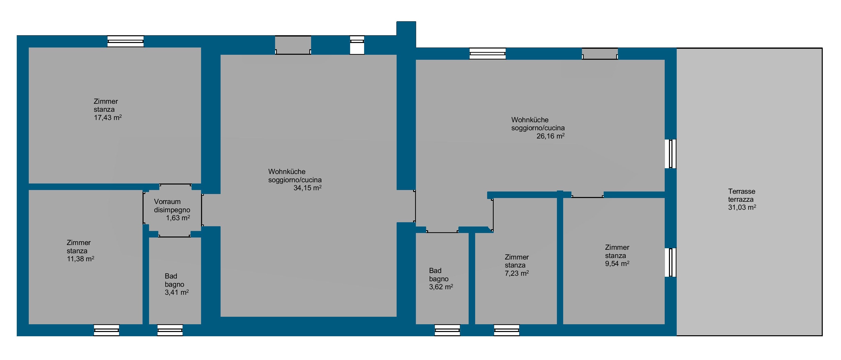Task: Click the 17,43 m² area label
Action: coord(108,117)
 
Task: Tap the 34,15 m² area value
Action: coord(308,188)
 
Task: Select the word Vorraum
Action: coord(167,202)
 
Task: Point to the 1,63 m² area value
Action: coord(178,218)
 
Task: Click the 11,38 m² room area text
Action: coord(81,259)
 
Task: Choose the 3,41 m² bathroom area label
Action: coord(177,292)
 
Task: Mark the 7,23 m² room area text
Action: coord(517,273)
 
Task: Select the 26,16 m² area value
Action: coord(551,136)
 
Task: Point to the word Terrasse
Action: coord(742,191)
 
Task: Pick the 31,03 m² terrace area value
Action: coord(742,207)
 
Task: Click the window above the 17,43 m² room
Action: coord(126,41)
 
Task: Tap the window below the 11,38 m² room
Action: coord(107,330)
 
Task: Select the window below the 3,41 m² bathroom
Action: coord(170,330)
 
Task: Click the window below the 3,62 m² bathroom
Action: coord(447,330)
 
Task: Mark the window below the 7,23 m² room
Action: coord(507,330)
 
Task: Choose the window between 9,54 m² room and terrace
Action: coord(671,262)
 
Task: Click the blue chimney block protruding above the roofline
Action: coord(406,34)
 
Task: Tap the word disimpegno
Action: coord(172,210)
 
